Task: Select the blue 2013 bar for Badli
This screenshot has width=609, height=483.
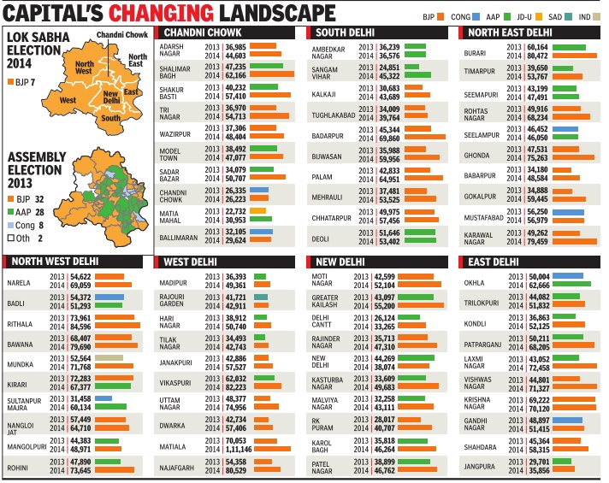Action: pos(109,297)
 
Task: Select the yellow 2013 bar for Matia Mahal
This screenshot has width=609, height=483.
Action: pos(258,210)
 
